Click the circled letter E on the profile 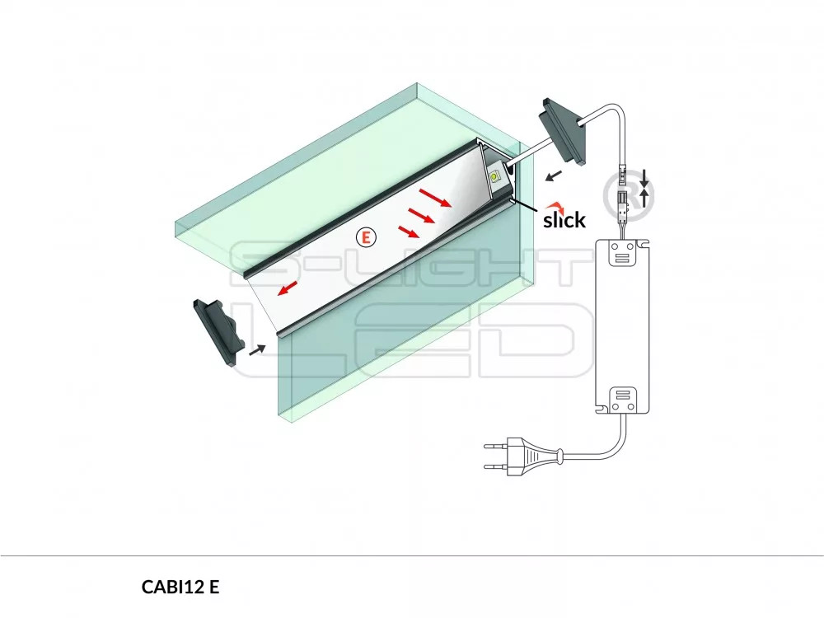366,236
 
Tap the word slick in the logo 564,220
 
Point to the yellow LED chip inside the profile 496,176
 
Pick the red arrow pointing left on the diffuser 288,288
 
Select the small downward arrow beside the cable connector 644,176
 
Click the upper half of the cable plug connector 623,180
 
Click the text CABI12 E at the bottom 180,587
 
